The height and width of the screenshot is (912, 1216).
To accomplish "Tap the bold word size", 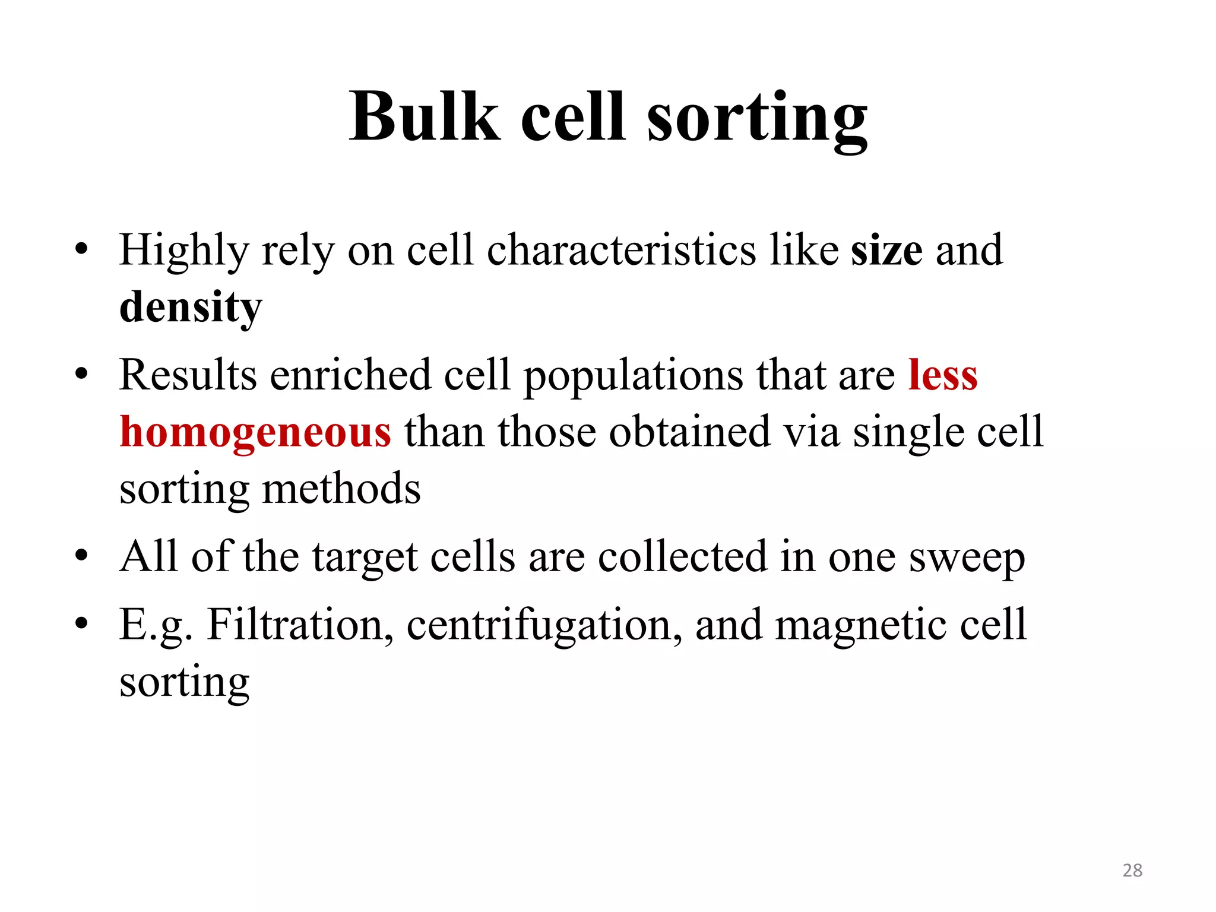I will click(x=886, y=250).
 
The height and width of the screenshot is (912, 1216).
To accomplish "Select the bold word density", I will click(x=191, y=308).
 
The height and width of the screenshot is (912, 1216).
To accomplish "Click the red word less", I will click(x=943, y=375).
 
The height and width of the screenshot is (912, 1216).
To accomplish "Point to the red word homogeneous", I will click(x=255, y=432).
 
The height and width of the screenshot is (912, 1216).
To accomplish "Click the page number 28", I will click(x=1132, y=870).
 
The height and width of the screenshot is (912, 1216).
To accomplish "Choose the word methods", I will click(x=341, y=489).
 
